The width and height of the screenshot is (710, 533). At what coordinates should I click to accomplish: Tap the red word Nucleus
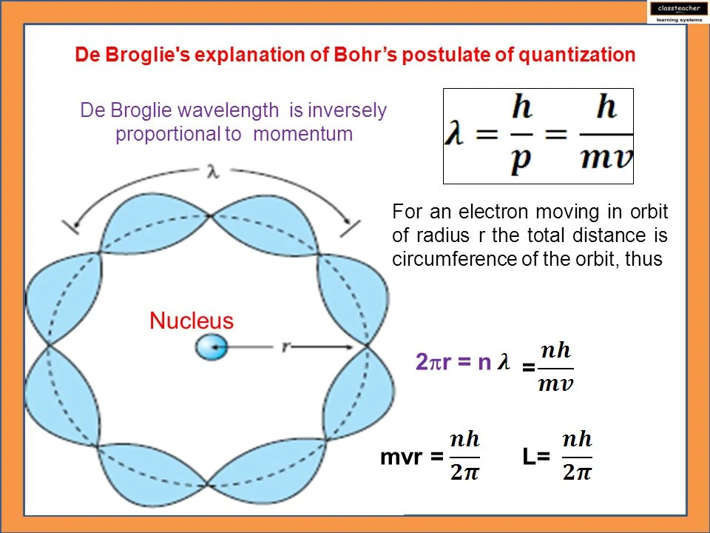[x=192, y=321]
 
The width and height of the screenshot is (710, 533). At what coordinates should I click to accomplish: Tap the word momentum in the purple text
[x=302, y=135]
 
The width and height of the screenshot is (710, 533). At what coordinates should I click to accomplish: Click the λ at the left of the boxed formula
[x=456, y=136]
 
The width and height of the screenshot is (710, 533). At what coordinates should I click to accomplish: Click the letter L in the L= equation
[x=530, y=458]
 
